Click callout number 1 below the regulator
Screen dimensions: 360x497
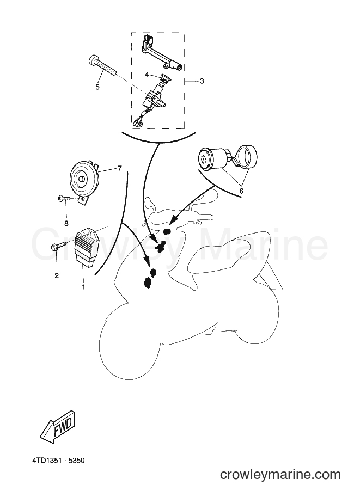pos(83,287)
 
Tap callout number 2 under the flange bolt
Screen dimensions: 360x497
pos(57,276)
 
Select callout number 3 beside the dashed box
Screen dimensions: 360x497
pos(202,81)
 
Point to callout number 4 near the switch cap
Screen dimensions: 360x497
pos(147,75)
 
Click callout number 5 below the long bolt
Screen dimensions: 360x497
pos(97,87)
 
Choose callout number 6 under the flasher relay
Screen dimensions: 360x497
pos(241,191)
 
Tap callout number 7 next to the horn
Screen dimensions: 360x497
pos(120,168)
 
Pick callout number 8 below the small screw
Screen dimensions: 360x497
pos(66,224)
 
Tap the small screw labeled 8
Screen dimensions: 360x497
pos(64,199)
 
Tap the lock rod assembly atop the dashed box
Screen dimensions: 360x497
pos(161,53)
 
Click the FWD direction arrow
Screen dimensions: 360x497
pos(57,425)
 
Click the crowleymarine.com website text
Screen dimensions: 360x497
pos(280,475)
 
